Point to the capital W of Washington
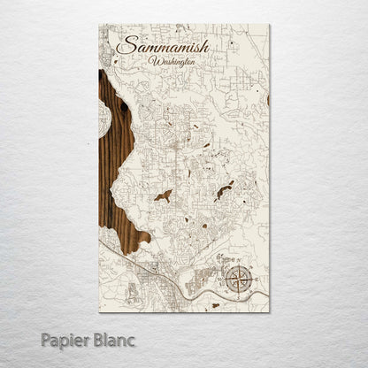click(x=156, y=62)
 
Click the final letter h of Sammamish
click(x=204, y=44)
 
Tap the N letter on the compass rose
click(x=237, y=264)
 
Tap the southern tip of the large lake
click(x=133, y=250)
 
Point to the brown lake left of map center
click(x=163, y=195)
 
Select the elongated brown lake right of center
click(x=225, y=190)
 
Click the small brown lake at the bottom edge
click(x=214, y=306)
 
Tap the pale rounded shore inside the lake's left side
click(x=103, y=119)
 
